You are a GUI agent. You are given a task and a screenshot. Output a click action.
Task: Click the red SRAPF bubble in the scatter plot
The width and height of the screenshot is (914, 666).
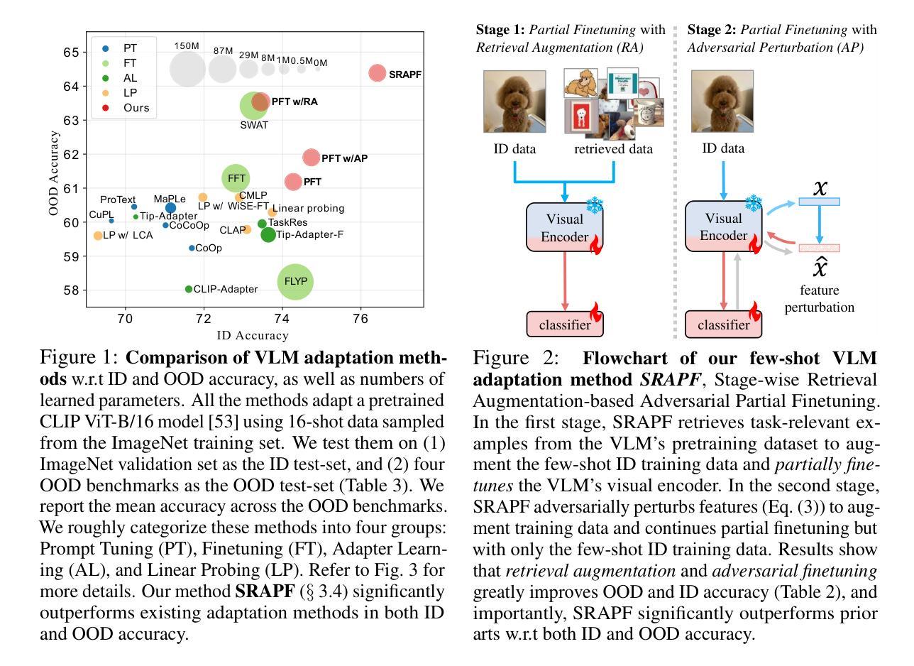tap(377, 73)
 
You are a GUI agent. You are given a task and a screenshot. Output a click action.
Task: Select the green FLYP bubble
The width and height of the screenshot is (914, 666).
tap(295, 281)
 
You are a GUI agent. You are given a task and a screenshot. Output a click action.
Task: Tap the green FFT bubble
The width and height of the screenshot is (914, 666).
tap(236, 178)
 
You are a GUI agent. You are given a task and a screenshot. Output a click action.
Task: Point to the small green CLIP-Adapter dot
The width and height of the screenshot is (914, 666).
tap(189, 289)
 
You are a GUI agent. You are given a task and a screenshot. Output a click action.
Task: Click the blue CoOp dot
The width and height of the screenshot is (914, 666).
tap(192, 248)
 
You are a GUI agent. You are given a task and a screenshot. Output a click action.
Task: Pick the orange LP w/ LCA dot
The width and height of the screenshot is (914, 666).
tap(98, 236)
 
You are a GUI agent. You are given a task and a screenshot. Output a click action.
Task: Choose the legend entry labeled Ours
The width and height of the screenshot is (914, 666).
tap(126, 108)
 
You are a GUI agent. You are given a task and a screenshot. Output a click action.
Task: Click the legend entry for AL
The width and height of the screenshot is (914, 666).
tap(119, 78)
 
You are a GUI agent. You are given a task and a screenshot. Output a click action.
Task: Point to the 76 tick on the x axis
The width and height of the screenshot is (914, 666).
tap(360, 319)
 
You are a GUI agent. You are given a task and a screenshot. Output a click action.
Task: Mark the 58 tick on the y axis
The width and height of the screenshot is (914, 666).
tap(71, 290)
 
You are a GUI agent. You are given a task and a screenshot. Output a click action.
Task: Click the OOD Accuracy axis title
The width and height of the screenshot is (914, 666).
tap(53, 173)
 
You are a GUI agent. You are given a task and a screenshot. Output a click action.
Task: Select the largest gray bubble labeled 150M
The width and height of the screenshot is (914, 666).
tap(187, 69)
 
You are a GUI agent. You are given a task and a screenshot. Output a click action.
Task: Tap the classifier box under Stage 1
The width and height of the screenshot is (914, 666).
tap(565, 324)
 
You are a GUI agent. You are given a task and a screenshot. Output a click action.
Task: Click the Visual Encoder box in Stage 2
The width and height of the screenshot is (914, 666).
tap(723, 226)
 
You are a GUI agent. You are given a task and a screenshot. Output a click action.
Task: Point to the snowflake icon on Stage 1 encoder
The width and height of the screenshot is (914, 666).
tap(595, 205)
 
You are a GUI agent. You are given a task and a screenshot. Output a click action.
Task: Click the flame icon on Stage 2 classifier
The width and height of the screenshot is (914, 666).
tap(755, 312)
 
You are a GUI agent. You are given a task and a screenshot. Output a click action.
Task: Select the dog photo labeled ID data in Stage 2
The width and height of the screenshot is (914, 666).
tap(722, 102)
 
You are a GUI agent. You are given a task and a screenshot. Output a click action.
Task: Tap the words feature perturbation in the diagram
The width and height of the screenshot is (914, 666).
tap(819, 298)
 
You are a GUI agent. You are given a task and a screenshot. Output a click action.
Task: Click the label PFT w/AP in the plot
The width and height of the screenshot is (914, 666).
tap(344, 158)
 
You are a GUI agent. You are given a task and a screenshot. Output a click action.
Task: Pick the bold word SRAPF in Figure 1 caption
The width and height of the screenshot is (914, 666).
tap(265, 591)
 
